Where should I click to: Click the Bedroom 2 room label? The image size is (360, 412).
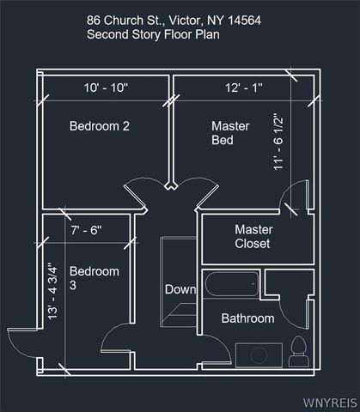point(100,126)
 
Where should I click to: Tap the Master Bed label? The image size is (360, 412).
point(230,133)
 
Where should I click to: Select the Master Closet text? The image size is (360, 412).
point(253,237)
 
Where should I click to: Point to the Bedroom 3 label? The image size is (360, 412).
point(95,278)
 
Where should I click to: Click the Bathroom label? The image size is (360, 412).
point(247,318)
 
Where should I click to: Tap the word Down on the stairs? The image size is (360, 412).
point(180,289)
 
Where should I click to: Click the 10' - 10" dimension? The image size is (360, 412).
point(107,88)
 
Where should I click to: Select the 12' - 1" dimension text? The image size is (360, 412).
point(244,88)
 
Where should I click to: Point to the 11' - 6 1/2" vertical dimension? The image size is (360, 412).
point(278,142)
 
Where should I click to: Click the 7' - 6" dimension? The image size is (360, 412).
point(86,230)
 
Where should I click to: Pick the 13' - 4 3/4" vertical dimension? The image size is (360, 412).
point(52,291)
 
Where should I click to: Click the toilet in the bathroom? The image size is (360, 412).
point(299,352)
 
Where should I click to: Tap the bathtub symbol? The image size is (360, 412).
point(232,284)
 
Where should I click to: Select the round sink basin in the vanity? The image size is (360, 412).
point(259,355)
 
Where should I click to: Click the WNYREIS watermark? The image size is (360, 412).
point(330,403)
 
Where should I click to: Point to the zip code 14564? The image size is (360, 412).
point(244,21)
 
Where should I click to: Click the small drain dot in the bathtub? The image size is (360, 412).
point(253,284)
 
